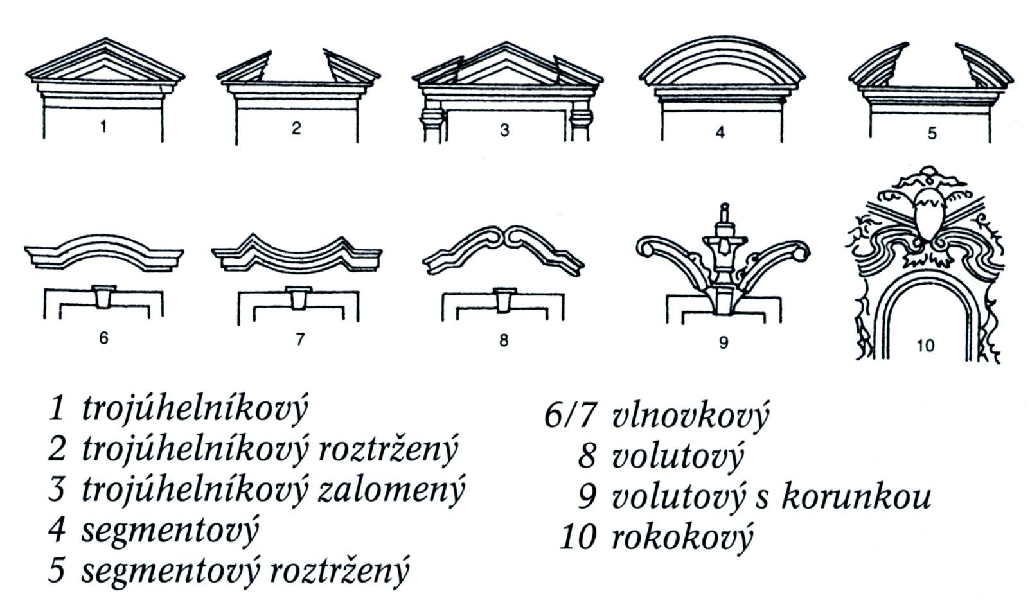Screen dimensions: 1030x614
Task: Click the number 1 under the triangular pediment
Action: point(103,127)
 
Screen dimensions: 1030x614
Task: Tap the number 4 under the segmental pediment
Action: point(720,132)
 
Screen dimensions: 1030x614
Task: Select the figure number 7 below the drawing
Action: point(300,339)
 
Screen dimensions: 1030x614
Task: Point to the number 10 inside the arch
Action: point(926,346)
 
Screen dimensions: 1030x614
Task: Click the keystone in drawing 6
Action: point(103,297)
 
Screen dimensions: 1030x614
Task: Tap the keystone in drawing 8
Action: point(504,301)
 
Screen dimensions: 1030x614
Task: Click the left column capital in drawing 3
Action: point(432,119)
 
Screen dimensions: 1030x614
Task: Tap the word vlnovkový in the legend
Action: point(689,414)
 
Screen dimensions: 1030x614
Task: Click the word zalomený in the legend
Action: point(391,490)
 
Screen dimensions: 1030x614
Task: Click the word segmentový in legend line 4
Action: point(170,531)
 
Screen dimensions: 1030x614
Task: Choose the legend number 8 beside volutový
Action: point(587,456)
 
